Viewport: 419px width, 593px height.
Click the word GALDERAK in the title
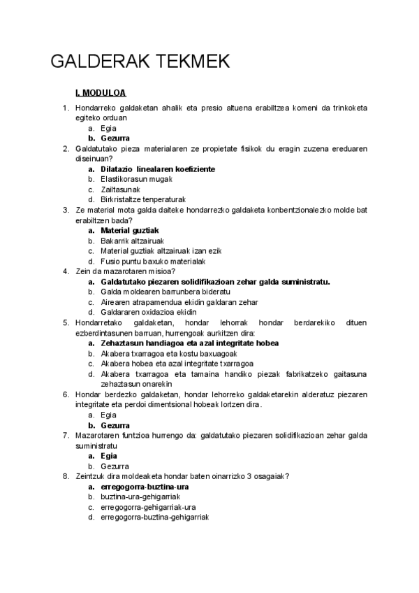pos(96,62)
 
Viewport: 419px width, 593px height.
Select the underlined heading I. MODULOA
pos(100,93)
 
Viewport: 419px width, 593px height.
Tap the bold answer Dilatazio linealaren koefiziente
pos(157,169)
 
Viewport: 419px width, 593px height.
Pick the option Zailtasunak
pos(121,190)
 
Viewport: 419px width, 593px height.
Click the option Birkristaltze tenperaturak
pos(143,199)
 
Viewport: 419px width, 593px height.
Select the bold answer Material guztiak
pos(130,230)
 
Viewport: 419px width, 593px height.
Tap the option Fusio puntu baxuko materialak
pos(152,261)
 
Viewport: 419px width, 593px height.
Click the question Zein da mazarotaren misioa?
pos(124,271)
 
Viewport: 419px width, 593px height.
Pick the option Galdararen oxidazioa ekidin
pos(148,312)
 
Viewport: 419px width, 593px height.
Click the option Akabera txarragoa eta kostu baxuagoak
pos(164,353)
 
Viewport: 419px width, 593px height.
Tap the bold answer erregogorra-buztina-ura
pos(145,486)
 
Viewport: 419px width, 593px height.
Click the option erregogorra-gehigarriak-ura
pos(147,506)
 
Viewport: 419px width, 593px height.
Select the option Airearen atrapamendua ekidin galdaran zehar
pos(179,302)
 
